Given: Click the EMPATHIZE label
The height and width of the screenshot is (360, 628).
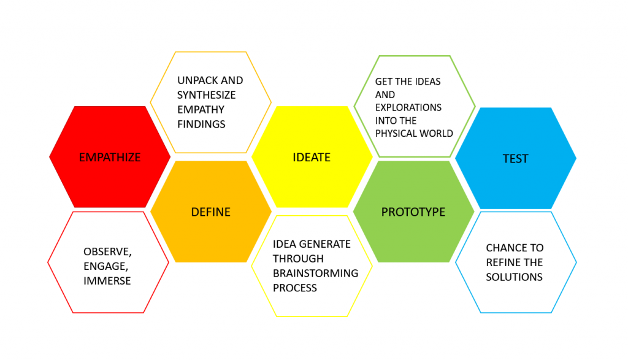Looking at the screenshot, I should point(110,158).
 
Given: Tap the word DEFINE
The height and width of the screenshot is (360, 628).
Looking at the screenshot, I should point(211,212).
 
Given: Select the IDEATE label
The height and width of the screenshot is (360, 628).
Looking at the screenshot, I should point(312,158).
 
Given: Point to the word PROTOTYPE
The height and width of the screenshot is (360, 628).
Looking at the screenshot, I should point(413,212).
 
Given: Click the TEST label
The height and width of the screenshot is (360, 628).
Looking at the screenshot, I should point(515,159).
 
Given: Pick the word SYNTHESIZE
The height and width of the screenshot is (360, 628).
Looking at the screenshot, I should point(207,95).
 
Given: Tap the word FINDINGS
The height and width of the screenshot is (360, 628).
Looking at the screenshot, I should point(201,124).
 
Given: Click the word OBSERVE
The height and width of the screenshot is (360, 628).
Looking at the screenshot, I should point(107,251).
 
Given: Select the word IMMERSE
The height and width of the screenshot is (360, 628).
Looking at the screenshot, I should point(107,281).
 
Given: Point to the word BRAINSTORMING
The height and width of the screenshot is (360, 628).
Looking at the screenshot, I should point(316,274).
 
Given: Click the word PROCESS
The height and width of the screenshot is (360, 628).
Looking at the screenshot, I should point(295,288).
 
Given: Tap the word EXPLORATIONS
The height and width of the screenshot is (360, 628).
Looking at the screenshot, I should point(408,107).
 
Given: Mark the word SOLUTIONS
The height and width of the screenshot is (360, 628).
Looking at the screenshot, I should point(514,277).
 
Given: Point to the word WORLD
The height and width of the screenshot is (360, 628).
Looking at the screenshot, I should point(437,133).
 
